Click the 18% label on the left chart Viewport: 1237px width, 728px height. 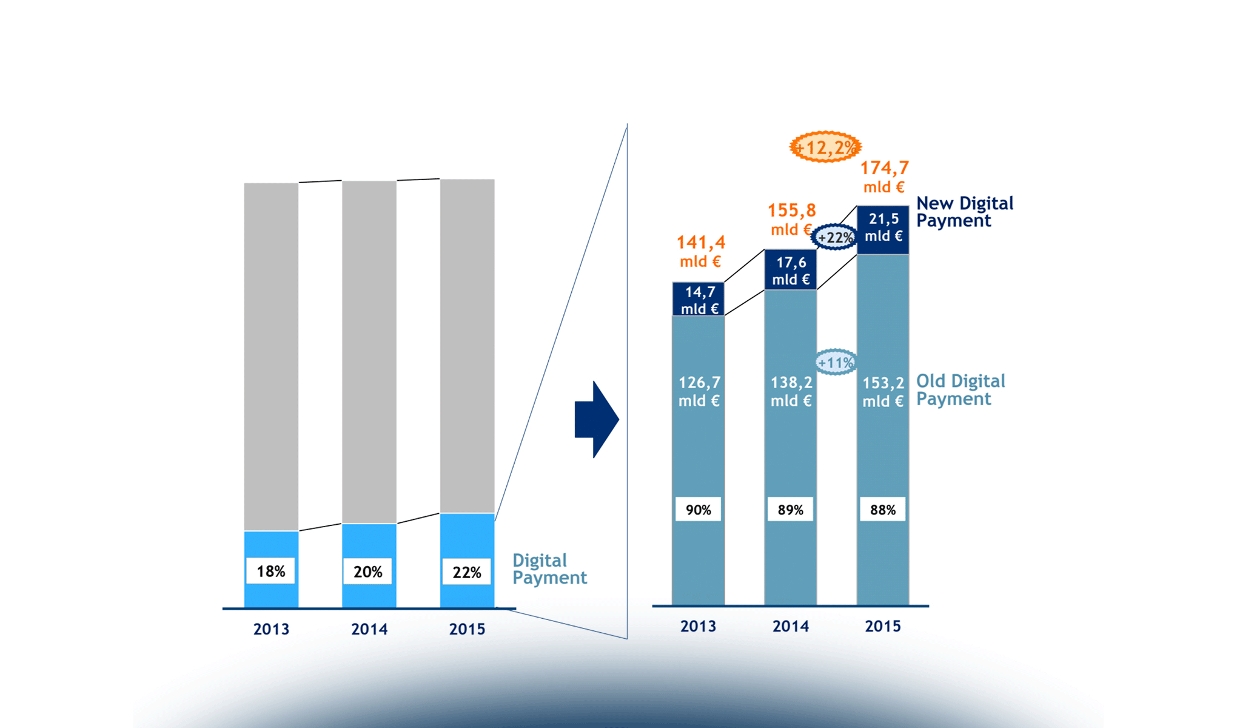tap(270, 571)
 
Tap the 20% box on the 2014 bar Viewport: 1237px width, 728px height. tap(367, 571)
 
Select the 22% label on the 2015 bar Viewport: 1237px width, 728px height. tap(466, 572)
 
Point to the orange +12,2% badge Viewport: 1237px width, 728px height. tap(825, 147)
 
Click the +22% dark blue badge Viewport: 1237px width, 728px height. tap(834, 237)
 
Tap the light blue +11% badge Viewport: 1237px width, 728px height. tap(836, 362)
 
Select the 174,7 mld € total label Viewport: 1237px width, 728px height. tap(884, 176)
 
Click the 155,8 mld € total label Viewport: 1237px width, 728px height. tap(791, 219)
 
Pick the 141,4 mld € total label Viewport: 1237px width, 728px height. tap(700, 251)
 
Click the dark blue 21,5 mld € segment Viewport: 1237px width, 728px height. tap(883, 227)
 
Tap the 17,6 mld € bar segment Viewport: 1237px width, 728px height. tap(791, 271)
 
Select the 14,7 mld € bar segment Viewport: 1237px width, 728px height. tap(699, 300)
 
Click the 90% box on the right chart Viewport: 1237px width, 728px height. tap(698, 510)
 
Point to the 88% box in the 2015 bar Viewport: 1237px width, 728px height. tap(882, 510)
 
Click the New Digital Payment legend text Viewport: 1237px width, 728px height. tap(964, 212)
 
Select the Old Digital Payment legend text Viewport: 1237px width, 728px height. tap(960, 389)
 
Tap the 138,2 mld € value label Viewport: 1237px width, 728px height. tap(791, 391)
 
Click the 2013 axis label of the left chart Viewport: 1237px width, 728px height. tap(271, 629)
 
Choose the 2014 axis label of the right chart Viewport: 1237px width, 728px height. tap(790, 626)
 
